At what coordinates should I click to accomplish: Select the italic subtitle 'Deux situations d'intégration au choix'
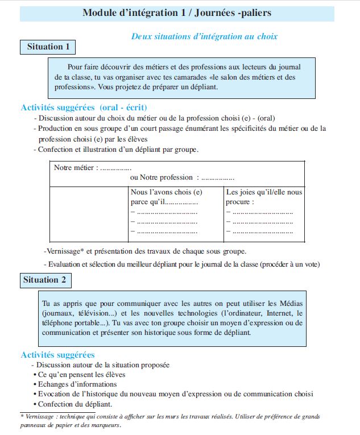[204, 36]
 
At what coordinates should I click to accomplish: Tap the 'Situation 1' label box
[48, 47]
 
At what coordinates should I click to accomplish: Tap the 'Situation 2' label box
[45, 280]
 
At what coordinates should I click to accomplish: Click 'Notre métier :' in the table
[76, 168]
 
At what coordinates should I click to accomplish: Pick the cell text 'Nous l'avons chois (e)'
[166, 192]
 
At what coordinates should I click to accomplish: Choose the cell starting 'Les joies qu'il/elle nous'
[264, 192]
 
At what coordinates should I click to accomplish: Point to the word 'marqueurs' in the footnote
[102, 425]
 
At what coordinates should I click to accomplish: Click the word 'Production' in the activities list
[56, 129]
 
